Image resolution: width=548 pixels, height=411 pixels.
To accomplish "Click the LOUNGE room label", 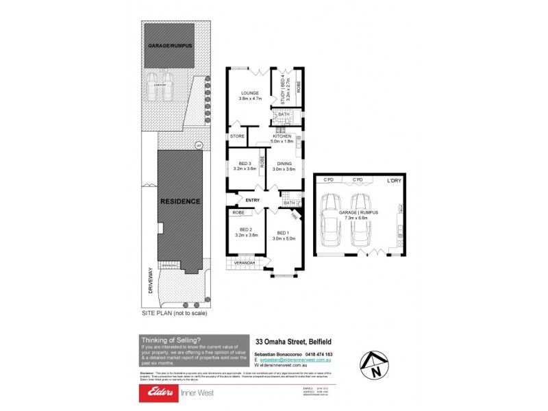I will [x=249, y=92].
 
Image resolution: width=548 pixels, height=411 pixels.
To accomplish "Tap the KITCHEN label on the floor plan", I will [x=282, y=136].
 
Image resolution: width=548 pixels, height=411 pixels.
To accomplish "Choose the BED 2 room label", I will [x=247, y=229].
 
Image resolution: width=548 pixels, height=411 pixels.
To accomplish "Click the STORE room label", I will [x=237, y=136].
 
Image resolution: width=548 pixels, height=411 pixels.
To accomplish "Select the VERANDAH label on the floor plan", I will [x=245, y=262].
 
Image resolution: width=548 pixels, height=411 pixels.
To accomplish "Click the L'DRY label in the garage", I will [x=393, y=180].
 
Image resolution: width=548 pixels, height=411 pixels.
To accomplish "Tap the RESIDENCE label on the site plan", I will [x=180, y=201].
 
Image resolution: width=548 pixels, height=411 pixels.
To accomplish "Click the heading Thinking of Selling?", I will [x=171, y=339].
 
